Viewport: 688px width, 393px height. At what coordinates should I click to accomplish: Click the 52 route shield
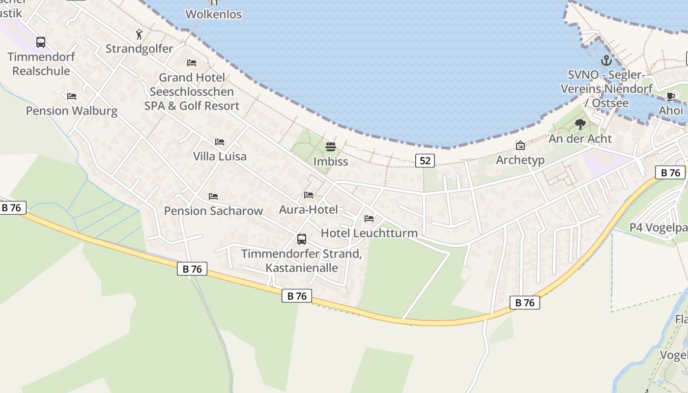pyautogui.click(x=425, y=161)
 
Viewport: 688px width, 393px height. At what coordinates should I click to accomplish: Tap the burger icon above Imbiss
pyautogui.click(x=330, y=147)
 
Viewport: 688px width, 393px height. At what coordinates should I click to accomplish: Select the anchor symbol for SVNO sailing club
pyautogui.click(x=606, y=61)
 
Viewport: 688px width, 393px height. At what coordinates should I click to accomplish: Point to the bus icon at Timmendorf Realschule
pyautogui.click(x=41, y=42)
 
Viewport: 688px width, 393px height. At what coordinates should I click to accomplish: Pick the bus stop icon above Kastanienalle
pyautogui.click(x=302, y=239)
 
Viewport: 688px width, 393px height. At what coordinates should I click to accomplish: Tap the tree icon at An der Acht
pyautogui.click(x=580, y=124)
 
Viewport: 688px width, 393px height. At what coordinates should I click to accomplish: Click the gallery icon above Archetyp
pyautogui.click(x=520, y=145)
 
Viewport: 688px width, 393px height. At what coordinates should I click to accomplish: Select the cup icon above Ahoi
pyautogui.click(x=670, y=97)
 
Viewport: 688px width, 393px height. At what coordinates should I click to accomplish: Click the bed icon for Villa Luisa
pyautogui.click(x=220, y=142)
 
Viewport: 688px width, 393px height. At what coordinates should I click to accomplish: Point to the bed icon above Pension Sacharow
pyautogui.click(x=213, y=196)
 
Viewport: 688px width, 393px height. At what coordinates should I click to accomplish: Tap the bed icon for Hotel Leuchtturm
pyautogui.click(x=369, y=219)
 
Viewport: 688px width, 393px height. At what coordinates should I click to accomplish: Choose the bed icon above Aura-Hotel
pyautogui.click(x=309, y=195)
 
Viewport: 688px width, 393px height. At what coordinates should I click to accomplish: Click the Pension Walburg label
pyautogui.click(x=72, y=111)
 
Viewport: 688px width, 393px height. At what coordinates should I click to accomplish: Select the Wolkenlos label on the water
pyautogui.click(x=214, y=14)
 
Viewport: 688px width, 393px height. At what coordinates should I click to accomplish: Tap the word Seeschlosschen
pyautogui.click(x=192, y=92)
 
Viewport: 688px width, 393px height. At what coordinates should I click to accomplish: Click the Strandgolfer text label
pyautogui.click(x=140, y=49)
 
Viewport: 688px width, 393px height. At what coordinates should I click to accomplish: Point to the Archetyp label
pyautogui.click(x=520, y=160)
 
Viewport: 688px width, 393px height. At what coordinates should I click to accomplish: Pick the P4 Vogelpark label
pyautogui.click(x=659, y=228)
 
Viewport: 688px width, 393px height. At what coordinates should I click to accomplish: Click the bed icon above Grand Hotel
pyautogui.click(x=192, y=63)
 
